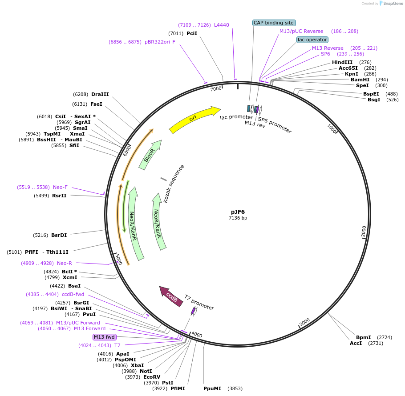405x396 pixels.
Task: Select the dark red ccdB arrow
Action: point(171,297)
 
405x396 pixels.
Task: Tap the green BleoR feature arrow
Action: point(150,155)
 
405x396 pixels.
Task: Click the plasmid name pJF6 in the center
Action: point(238,212)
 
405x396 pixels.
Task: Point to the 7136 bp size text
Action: point(238,218)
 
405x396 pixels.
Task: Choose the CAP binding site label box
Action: point(274,23)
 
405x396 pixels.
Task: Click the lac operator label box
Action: point(312,40)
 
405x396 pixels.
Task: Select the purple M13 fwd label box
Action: point(104,337)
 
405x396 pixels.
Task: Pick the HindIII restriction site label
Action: point(342,62)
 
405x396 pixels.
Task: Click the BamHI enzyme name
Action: point(360,80)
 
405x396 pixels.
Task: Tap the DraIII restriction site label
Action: point(100,94)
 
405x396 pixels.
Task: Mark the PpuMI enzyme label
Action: point(212,388)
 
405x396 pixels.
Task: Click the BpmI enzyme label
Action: point(363,337)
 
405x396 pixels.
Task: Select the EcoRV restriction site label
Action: point(152,377)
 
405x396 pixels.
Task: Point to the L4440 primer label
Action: point(222,25)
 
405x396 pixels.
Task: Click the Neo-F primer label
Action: point(60,188)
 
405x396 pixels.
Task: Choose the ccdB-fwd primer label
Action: point(73,294)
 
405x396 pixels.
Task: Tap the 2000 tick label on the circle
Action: point(363,231)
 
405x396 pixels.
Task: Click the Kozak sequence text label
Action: point(174,184)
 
